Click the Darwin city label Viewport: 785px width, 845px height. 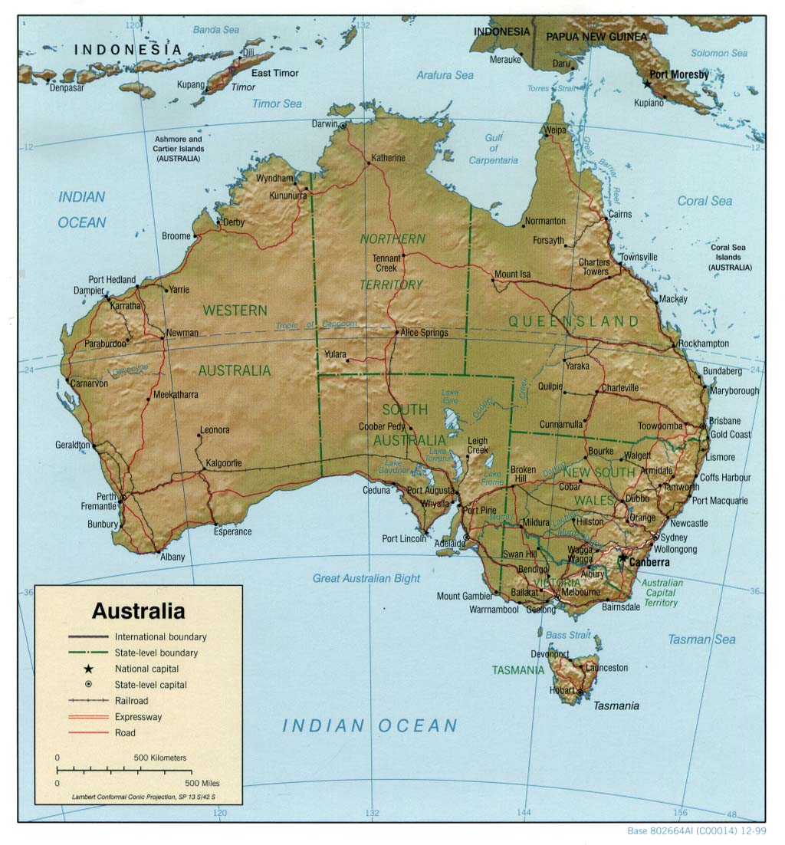coord(325,124)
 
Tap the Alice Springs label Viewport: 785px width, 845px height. coord(424,333)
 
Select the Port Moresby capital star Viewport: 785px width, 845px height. coord(648,82)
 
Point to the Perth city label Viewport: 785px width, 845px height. coord(107,496)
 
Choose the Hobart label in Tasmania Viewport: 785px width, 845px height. coord(562,691)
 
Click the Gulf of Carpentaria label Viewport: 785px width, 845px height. coord(494,149)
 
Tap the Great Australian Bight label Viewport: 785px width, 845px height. coord(366,578)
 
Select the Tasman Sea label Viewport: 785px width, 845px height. coord(701,639)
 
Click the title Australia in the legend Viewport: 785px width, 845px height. coord(138,611)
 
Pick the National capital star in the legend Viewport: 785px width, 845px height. coord(89,669)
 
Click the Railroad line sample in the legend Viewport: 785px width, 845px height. coord(89,701)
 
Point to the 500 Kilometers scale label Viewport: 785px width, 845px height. coord(159,758)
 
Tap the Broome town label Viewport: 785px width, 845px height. coord(176,236)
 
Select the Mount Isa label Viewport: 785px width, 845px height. coord(512,274)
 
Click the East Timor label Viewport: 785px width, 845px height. coord(275,74)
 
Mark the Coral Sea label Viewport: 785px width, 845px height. coord(705,201)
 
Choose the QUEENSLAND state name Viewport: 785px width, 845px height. coord(573,321)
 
